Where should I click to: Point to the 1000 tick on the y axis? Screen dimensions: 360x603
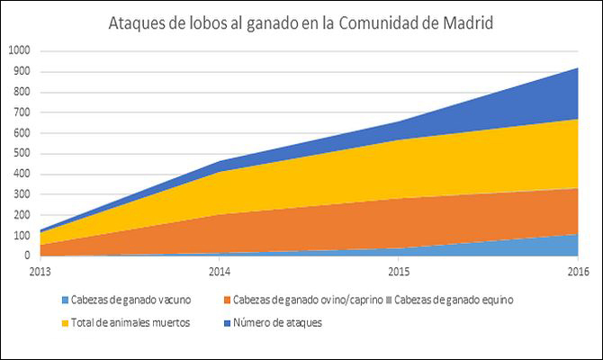coord(18,50)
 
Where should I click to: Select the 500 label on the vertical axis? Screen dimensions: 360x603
coord(21,153)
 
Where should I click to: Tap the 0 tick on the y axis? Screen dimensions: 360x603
coord(27,256)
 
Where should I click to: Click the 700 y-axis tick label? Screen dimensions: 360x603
coord(21,112)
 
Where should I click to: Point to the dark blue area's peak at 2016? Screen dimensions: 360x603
coord(577,68)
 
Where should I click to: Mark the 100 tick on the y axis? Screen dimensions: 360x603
coord(21,235)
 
